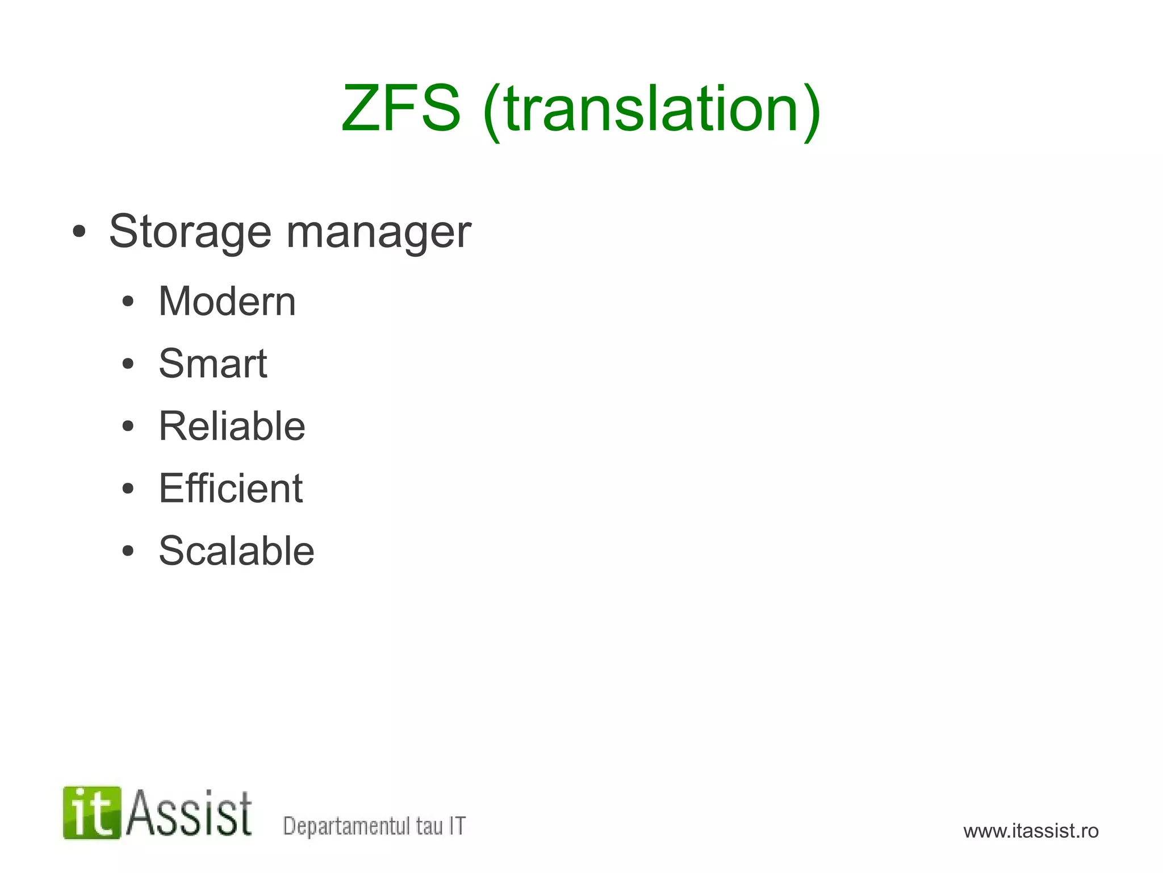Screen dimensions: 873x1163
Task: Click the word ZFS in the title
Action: point(401,108)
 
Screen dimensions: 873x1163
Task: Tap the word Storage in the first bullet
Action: point(190,232)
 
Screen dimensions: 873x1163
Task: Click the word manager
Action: point(379,232)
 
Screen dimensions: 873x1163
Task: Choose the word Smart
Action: point(213,364)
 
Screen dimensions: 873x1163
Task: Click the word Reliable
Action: point(232,426)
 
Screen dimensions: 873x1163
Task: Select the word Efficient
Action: point(231,488)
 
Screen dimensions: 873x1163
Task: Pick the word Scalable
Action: point(236,551)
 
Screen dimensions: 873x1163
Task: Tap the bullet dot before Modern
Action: point(128,302)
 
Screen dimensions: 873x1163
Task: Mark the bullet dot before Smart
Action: point(128,364)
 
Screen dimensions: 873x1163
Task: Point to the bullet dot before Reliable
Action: point(128,427)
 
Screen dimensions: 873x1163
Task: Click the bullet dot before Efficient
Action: point(128,489)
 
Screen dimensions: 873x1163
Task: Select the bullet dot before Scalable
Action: point(128,552)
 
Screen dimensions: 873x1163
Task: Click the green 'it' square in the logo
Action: point(92,813)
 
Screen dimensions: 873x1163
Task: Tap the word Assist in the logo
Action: point(189,813)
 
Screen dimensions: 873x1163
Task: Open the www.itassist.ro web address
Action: point(1031,831)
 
